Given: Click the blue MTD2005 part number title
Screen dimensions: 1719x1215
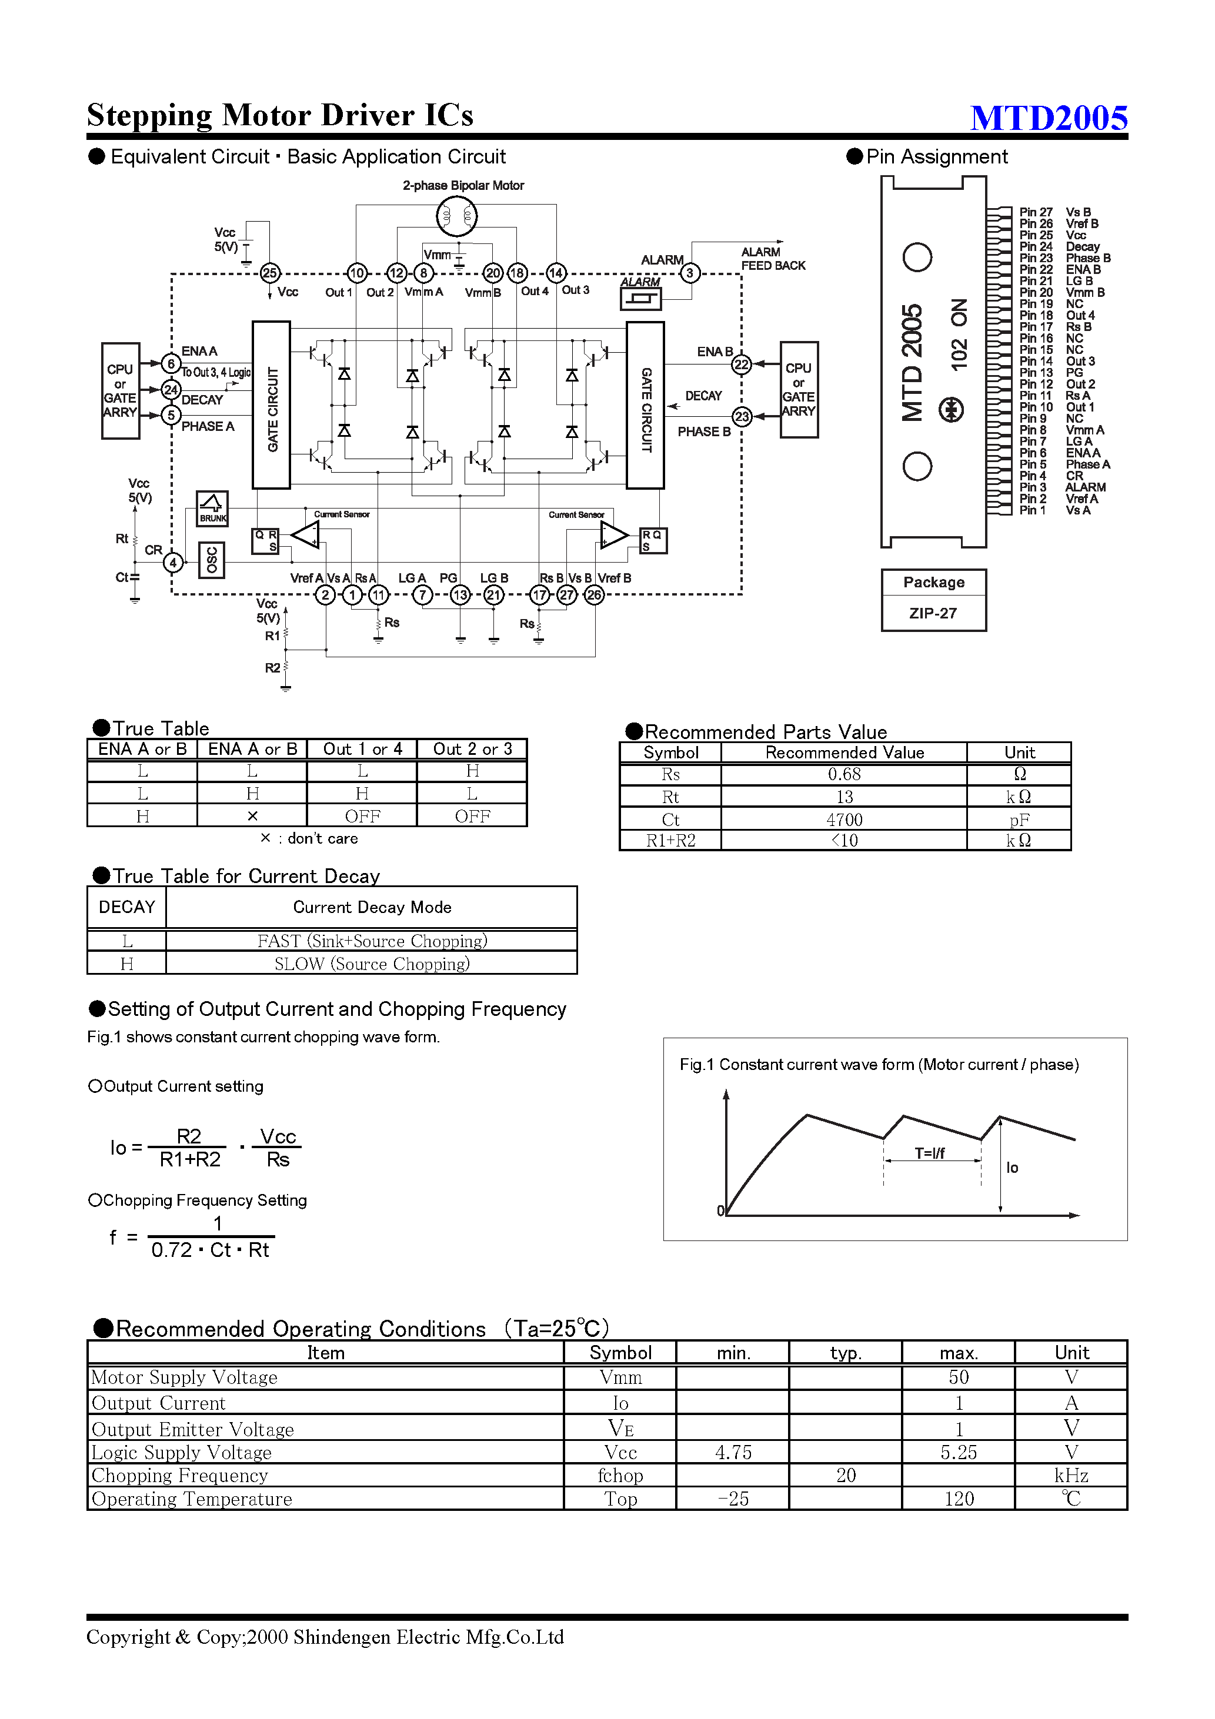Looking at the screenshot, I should (x=1048, y=118).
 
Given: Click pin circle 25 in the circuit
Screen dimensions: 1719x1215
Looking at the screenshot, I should (x=270, y=273).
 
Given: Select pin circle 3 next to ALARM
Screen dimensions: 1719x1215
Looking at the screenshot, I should (x=690, y=273).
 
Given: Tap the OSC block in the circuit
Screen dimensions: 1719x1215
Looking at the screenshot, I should (x=211, y=560).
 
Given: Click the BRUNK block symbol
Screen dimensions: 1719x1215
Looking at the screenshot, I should (x=212, y=509).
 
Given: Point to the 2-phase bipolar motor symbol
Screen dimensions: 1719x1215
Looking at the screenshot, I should (x=456, y=216).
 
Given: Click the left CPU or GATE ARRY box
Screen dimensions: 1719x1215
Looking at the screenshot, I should (x=120, y=390).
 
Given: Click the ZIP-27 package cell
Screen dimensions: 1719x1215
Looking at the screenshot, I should (x=933, y=613).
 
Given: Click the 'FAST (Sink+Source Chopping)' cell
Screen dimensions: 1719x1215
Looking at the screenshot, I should (x=372, y=941).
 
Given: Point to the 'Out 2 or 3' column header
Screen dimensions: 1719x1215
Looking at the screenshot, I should (x=472, y=750).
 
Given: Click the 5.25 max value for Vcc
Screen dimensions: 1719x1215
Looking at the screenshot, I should (x=958, y=1453).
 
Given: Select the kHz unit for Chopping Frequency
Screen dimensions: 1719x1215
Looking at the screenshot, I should (x=1070, y=1476).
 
